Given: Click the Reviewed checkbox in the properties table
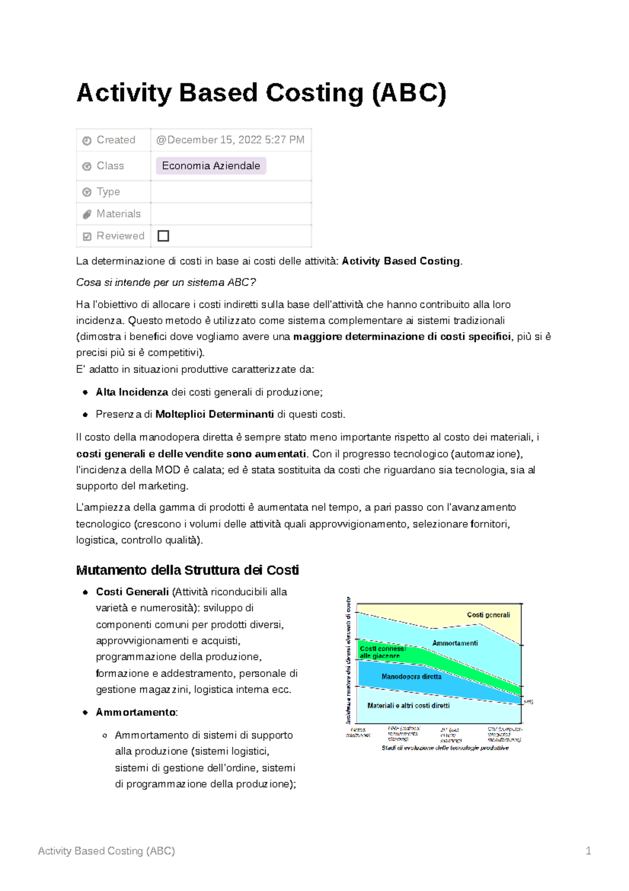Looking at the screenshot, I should (x=164, y=236).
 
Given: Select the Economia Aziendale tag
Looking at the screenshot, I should (x=211, y=166).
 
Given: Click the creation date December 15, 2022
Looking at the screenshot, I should (x=230, y=140).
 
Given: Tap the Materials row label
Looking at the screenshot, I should (x=118, y=214).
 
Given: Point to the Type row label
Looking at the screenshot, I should (x=108, y=192).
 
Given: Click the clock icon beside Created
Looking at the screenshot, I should (x=87, y=141).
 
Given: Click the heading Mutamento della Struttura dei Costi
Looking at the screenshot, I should (x=187, y=570).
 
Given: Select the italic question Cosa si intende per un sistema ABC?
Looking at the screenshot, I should (x=166, y=283).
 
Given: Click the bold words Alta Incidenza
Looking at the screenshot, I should (x=132, y=393).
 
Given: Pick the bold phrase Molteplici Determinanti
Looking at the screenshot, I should (x=214, y=415).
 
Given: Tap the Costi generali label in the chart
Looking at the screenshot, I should (x=488, y=615).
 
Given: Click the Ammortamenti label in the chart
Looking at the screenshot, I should (x=455, y=643).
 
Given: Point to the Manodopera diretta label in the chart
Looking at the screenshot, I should (x=411, y=677).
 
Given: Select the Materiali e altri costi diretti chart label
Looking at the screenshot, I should (x=408, y=706).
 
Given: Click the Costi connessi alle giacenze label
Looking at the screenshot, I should (x=382, y=652).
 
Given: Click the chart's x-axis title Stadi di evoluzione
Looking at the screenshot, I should (x=444, y=748).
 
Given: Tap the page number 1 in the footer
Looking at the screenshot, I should (x=588, y=851).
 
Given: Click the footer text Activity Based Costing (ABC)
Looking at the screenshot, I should (x=106, y=851).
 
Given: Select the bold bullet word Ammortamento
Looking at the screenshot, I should (x=136, y=713).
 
